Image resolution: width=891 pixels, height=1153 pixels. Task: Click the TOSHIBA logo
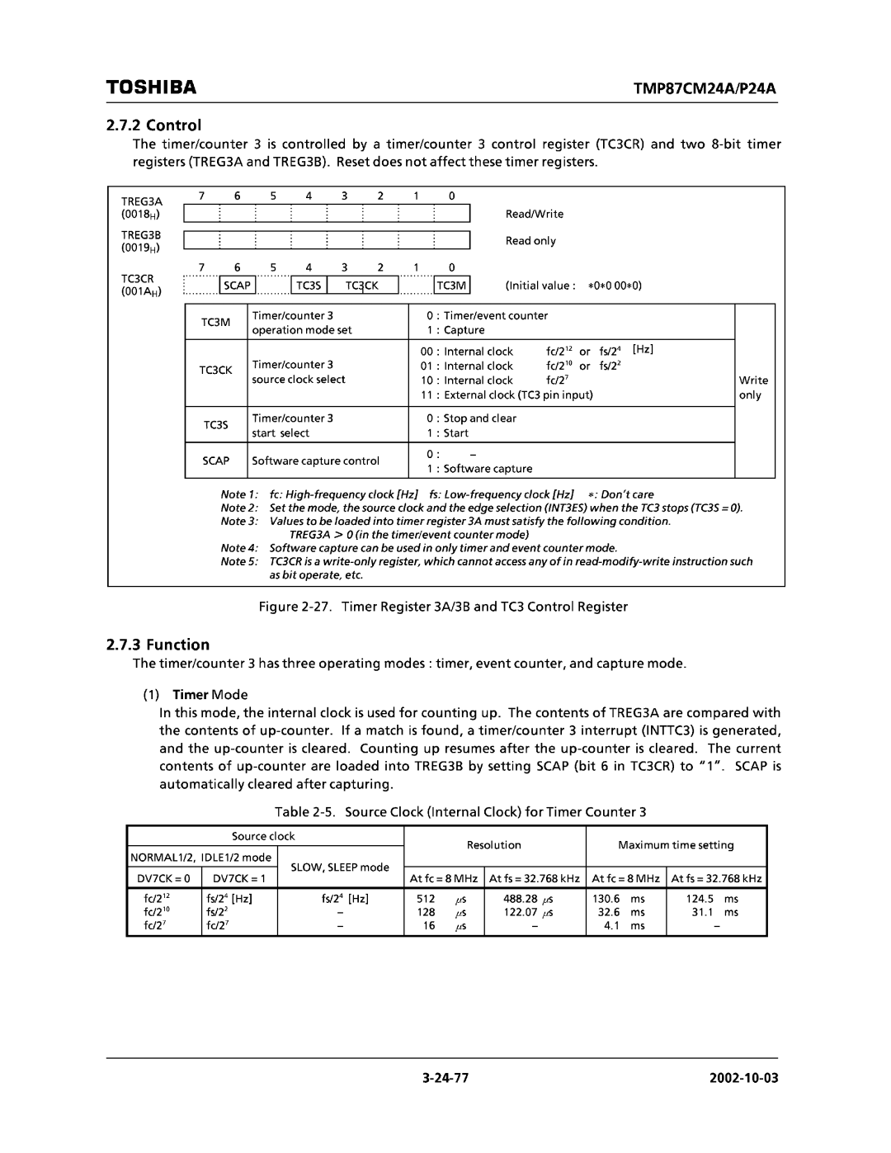[151, 87]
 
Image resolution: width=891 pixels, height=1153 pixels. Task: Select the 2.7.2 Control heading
[154, 125]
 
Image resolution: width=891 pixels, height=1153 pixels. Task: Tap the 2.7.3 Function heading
[158, 645]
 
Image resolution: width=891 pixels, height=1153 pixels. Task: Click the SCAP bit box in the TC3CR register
[236, 286]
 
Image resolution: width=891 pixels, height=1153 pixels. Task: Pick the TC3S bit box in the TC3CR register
[309, 286]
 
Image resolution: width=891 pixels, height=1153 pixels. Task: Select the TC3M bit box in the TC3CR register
[451, 286]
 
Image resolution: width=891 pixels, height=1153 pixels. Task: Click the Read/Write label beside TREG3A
[535, 214]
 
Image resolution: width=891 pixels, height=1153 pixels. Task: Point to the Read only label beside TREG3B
[530, 241]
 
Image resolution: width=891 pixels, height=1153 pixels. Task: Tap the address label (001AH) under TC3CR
[141, 292]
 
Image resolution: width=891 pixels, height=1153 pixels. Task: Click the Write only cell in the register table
[753, 388]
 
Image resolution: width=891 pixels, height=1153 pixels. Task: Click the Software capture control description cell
[315, 461]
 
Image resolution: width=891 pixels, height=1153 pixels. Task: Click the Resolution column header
[494, 845]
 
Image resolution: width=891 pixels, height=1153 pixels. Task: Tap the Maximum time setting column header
[676, 845]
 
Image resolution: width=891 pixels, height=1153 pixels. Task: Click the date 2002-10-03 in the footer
[741, 1079]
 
